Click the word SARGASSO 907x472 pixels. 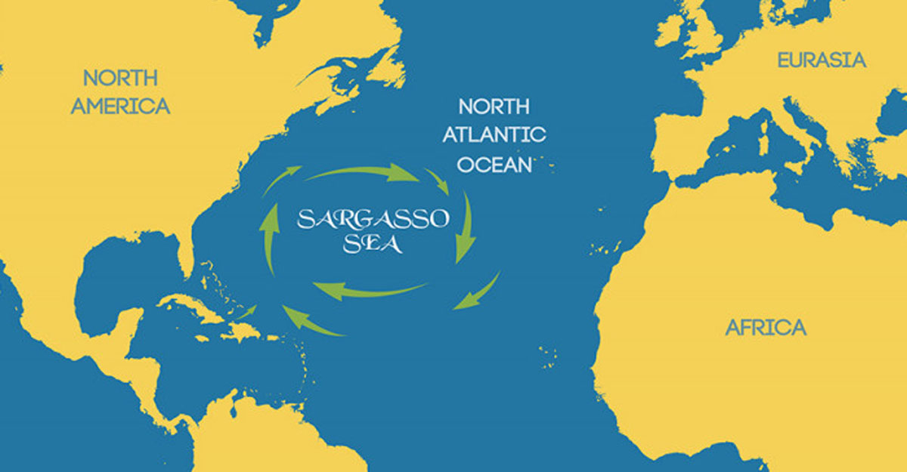373,221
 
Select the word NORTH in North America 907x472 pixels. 120,79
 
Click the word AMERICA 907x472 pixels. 120,106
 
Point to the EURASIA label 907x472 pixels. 822,60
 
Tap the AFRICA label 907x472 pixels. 765,328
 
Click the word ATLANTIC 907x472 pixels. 494,135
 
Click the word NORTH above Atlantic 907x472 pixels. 494,106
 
